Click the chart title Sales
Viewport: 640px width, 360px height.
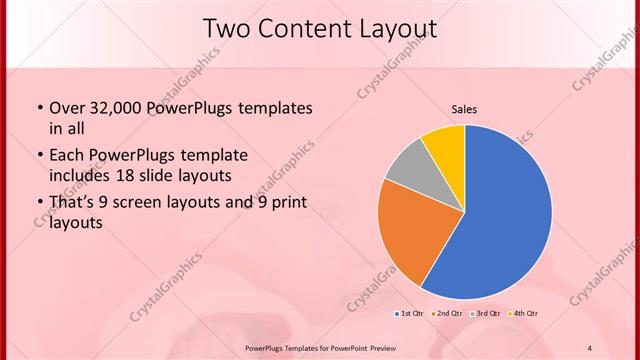tap(464, 109)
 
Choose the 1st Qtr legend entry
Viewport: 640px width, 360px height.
tap(409, 314)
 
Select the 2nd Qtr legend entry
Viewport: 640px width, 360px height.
tap(446, 314)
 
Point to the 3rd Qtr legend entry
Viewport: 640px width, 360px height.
tap(485, 314)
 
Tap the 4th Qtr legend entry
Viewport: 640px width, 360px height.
tap(523, 314)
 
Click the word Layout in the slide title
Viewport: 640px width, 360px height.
tap(395, 29)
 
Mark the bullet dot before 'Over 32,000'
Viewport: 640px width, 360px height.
tap(39, 109)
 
